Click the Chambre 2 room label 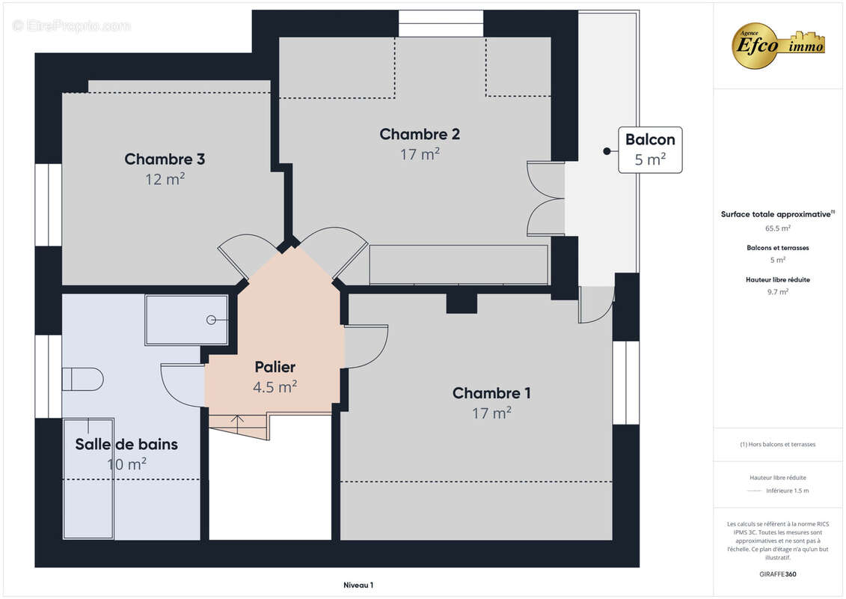420,134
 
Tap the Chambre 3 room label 165,159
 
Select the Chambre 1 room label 491,392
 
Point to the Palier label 275,367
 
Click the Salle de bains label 126,444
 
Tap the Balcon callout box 650,150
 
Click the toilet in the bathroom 82,379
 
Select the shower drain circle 211,320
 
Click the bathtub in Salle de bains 88,478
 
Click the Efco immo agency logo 778,46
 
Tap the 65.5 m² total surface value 777,228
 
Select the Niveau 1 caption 358,585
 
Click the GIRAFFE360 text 777,574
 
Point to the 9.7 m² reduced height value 777,292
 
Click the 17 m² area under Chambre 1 491,413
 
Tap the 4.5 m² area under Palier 275,387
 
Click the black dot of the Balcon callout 607,151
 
